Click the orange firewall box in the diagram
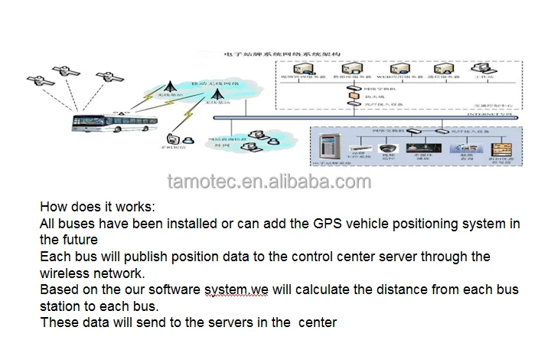tap(354, 97)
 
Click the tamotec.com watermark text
tap(269, 182)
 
